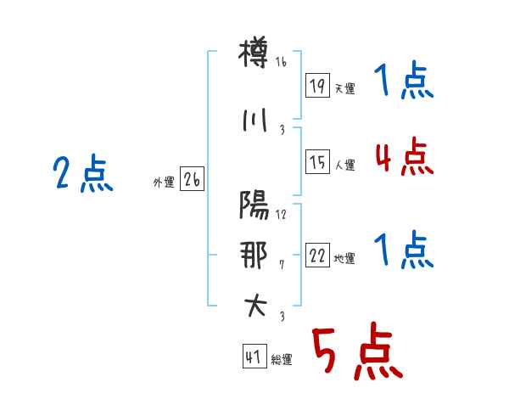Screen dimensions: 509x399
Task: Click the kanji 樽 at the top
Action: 254,52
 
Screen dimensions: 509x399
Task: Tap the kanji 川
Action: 255,121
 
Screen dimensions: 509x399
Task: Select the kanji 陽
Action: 254,205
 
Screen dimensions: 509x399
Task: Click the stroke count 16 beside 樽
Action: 281,62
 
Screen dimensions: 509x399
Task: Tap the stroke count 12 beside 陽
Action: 281,215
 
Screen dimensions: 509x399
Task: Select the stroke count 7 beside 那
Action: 282,265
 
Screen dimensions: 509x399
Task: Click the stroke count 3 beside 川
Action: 282,130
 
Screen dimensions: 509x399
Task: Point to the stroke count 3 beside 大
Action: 282,316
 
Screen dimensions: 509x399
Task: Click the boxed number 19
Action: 317,85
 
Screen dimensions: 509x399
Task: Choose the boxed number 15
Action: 317,161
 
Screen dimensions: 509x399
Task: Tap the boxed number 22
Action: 317,255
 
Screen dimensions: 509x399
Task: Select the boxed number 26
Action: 192,179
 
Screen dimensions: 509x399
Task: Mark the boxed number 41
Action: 255,356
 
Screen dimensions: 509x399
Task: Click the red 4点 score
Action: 405,156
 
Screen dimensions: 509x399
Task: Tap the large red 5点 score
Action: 358,351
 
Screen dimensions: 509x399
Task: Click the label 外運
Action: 164,183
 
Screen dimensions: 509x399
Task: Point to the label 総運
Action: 282,360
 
